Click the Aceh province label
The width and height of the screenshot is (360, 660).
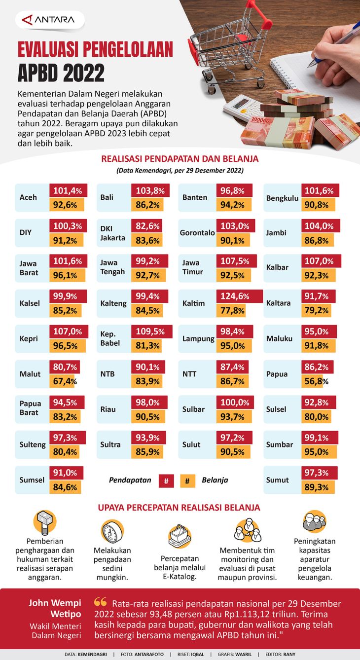[x=28, y=197]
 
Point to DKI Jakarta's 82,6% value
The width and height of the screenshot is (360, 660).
[x=148, y=226]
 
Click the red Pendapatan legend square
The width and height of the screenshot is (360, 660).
[x=166, y=480]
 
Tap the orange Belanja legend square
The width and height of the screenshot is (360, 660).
[x=187, y=480]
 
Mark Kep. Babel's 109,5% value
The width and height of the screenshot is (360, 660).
[x=151, y=331]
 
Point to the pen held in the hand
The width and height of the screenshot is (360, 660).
[x=335, y=44]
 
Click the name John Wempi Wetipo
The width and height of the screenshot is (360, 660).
[x=54, y=608]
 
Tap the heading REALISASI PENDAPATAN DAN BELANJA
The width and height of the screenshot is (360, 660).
[x=180, y=159]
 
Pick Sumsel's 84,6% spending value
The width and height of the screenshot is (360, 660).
[x=66, y=487]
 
